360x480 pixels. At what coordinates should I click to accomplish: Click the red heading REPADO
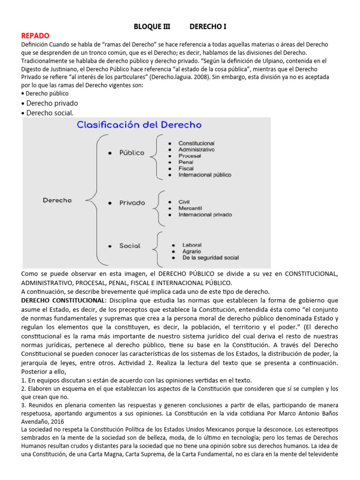click(x=35, y=36)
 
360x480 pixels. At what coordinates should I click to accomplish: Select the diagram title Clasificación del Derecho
click(x=139, y=125)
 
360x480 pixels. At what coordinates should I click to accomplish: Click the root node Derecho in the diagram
click(x=57, y=200)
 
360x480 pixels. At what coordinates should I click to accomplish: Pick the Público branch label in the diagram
click(x=132, y=153)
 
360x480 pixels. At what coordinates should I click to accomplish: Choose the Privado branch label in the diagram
click(x=132, y=203)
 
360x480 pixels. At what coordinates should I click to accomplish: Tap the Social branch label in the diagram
click(x=129, y=246)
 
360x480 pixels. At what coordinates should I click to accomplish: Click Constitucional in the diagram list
click(x=196, y=143)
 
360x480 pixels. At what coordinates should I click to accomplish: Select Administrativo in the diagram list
click(x=196, y=150)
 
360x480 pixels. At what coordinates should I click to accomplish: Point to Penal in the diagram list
click(x=186, y=162)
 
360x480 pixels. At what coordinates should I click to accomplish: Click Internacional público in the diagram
click(x=205, y=175)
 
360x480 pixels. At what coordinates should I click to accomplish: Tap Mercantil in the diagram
click(x=190, y=208)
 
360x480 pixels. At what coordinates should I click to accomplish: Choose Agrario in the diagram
click(x=192, y=251)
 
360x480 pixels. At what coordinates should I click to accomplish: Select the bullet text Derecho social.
click(x=50, y=113)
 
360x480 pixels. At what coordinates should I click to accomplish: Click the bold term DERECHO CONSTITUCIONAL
click(x=64, y=300)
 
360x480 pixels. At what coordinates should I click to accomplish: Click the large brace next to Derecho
click(x=92, y=201)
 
